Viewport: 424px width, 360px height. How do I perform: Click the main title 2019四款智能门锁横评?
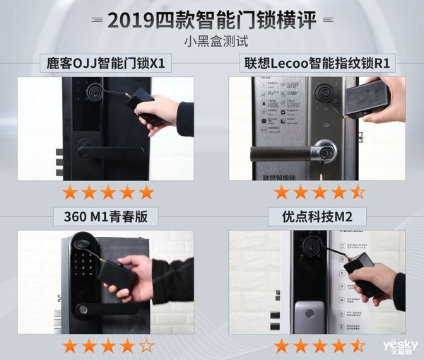[x=212, y=19]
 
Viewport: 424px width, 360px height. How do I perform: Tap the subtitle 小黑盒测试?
[x=212, y=41]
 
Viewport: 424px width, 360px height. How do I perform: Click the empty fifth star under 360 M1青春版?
[x=146, y=346]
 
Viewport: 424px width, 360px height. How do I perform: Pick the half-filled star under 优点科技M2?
[x=358, y=346]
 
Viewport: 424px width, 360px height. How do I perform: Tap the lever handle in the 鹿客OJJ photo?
[x=106, y=152]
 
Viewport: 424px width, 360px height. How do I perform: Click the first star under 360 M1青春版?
[x=69, y=346]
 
